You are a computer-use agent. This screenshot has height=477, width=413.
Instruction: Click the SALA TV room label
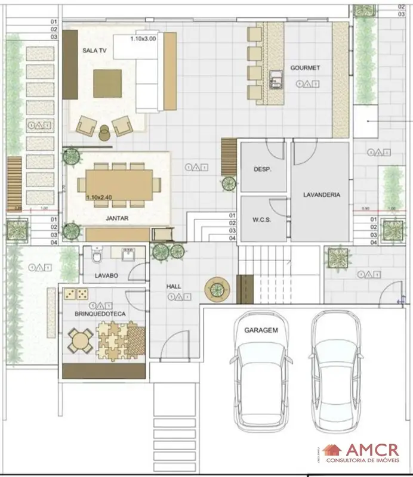[94, 51]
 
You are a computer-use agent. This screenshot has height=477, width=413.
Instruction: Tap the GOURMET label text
[305, 68]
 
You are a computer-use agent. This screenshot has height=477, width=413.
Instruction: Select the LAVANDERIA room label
[321, 195]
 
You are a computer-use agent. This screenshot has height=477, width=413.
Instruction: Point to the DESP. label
[263, 169]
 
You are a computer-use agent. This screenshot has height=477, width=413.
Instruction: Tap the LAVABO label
[107, 276]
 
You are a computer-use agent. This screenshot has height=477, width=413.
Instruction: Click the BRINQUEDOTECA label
[98, 313]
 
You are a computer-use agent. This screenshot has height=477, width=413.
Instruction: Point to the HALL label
[174, 287]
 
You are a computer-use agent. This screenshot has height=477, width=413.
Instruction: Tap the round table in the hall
[217, 290]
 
